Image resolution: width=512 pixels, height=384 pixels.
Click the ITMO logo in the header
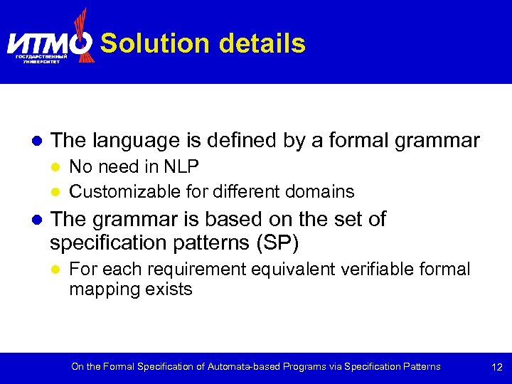[50, 41]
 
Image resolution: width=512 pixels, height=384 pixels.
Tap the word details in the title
[262, 44]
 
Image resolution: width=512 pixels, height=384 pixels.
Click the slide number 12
[496, 368]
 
